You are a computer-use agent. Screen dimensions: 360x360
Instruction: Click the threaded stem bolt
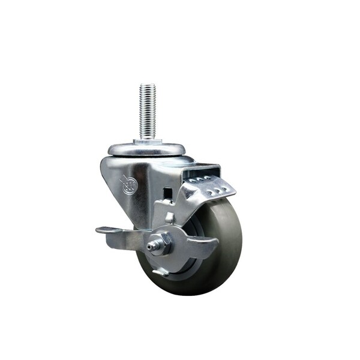coord(148,111)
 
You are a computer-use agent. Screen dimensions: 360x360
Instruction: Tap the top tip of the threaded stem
coord(148,85)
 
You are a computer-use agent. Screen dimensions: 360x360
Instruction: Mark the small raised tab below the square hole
coord(170,218)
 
